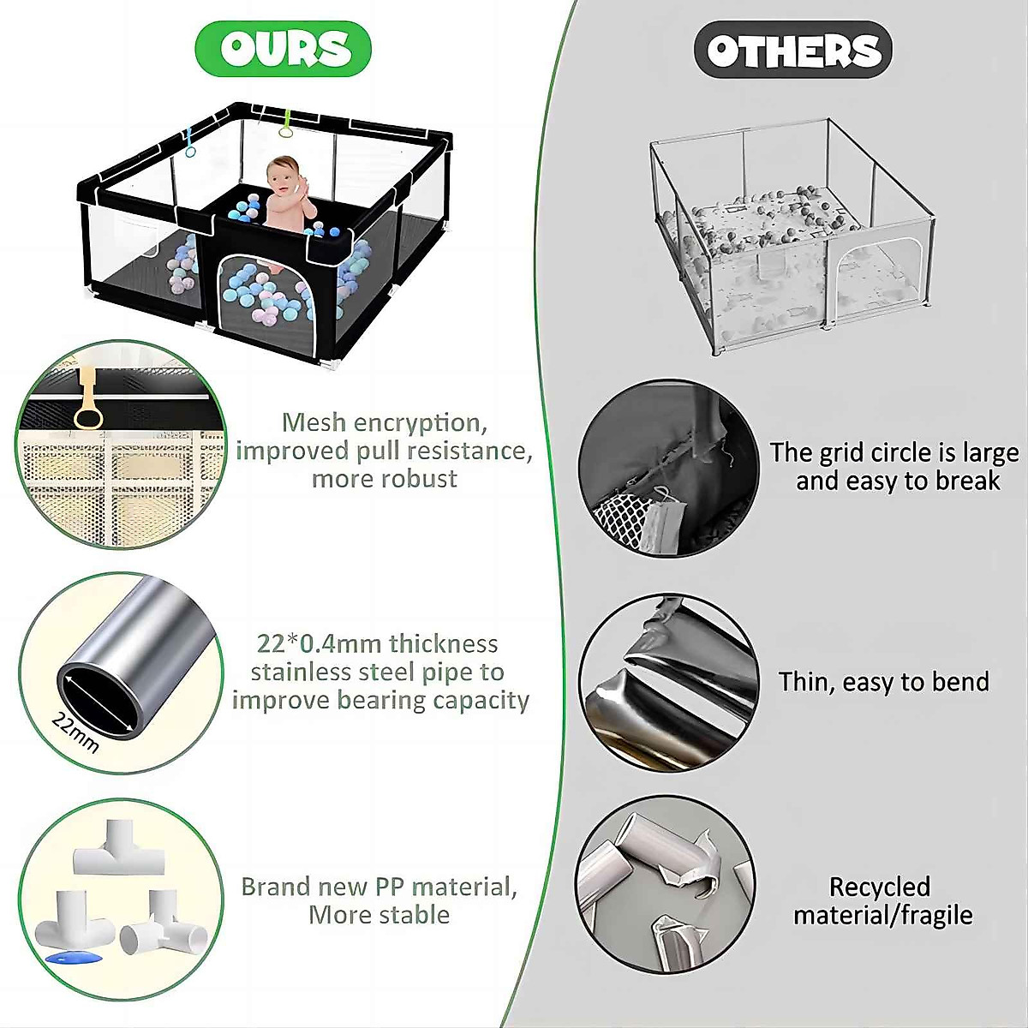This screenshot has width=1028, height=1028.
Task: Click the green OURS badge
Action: click(284, 48)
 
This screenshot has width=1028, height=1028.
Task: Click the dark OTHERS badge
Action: click(792, 50)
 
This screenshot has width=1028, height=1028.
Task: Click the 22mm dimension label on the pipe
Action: click(75, 732)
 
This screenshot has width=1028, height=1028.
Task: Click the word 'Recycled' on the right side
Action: click(879, 888)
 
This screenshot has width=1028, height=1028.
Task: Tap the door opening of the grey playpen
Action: click(870, 279)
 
